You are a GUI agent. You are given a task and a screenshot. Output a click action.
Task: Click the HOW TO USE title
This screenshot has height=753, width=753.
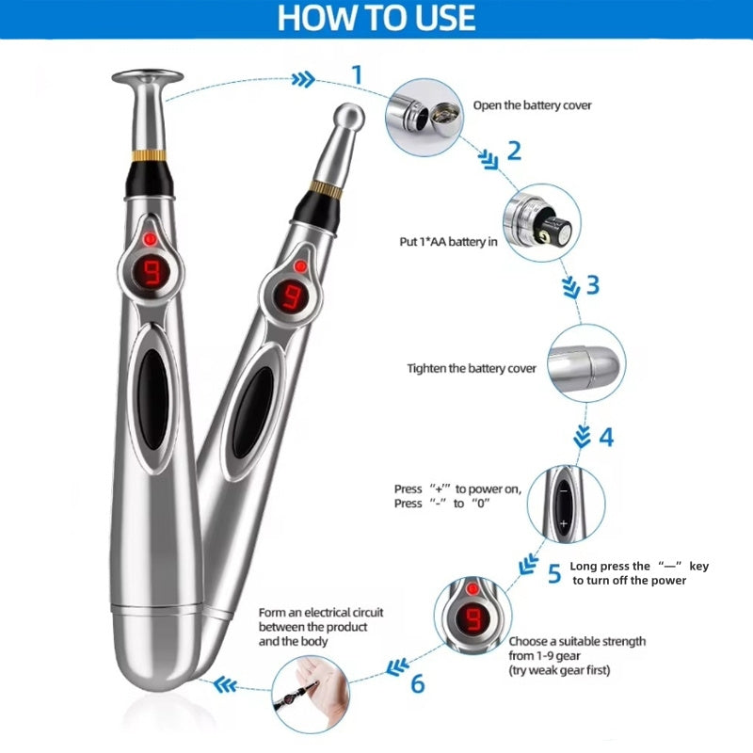click(x=376, y=19)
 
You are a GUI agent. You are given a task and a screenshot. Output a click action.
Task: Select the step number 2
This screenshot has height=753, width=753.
click(x=514, y=152)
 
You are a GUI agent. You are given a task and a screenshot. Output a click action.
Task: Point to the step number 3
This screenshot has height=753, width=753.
click(x=591, y=285)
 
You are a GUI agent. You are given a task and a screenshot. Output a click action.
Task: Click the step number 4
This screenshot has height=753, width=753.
click(x=605, y=438)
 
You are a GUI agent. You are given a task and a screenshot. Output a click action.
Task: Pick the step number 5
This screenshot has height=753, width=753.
click(x=553, y=572)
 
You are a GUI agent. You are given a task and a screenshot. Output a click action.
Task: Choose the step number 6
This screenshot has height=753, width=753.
click(x=418, y=682)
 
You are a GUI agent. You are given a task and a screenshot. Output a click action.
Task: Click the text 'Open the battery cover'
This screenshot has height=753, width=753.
click(x=532, y=105)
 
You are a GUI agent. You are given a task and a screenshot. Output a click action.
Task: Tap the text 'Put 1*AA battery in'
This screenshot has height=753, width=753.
click(x=447, y=242)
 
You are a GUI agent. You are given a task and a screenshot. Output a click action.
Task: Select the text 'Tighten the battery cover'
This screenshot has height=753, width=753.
click(x=472, y=368)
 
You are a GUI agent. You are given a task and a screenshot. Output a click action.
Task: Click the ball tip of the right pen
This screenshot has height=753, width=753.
click(x=348, y=118)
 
